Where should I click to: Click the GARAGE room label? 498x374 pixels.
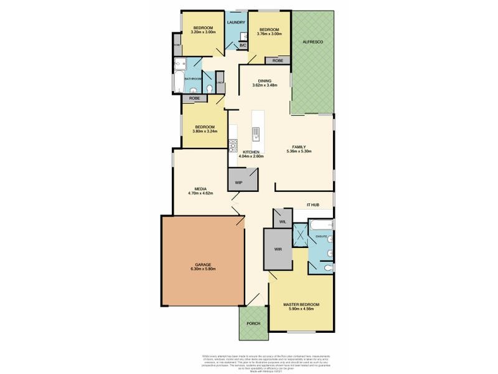coord(203,264)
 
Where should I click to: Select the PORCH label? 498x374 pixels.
coord(253,324)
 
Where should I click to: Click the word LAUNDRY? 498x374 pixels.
coord(236,23)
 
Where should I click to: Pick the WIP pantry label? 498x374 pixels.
coord(238,183)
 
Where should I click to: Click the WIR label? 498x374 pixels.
coord(278,249)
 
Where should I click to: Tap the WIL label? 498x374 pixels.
coord(282,220)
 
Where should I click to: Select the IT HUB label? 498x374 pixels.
coord(312,204)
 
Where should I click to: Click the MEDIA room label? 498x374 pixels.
coord(200,188)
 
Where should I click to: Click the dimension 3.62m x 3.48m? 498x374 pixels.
coord(265,85)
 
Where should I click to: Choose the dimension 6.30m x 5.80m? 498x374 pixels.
coord(203,269)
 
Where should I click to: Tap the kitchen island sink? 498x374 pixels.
coord(255,133)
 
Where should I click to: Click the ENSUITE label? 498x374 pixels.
coord(321,237)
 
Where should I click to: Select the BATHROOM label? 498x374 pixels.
coord(192,79)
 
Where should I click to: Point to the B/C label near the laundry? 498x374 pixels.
coord(243,45)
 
